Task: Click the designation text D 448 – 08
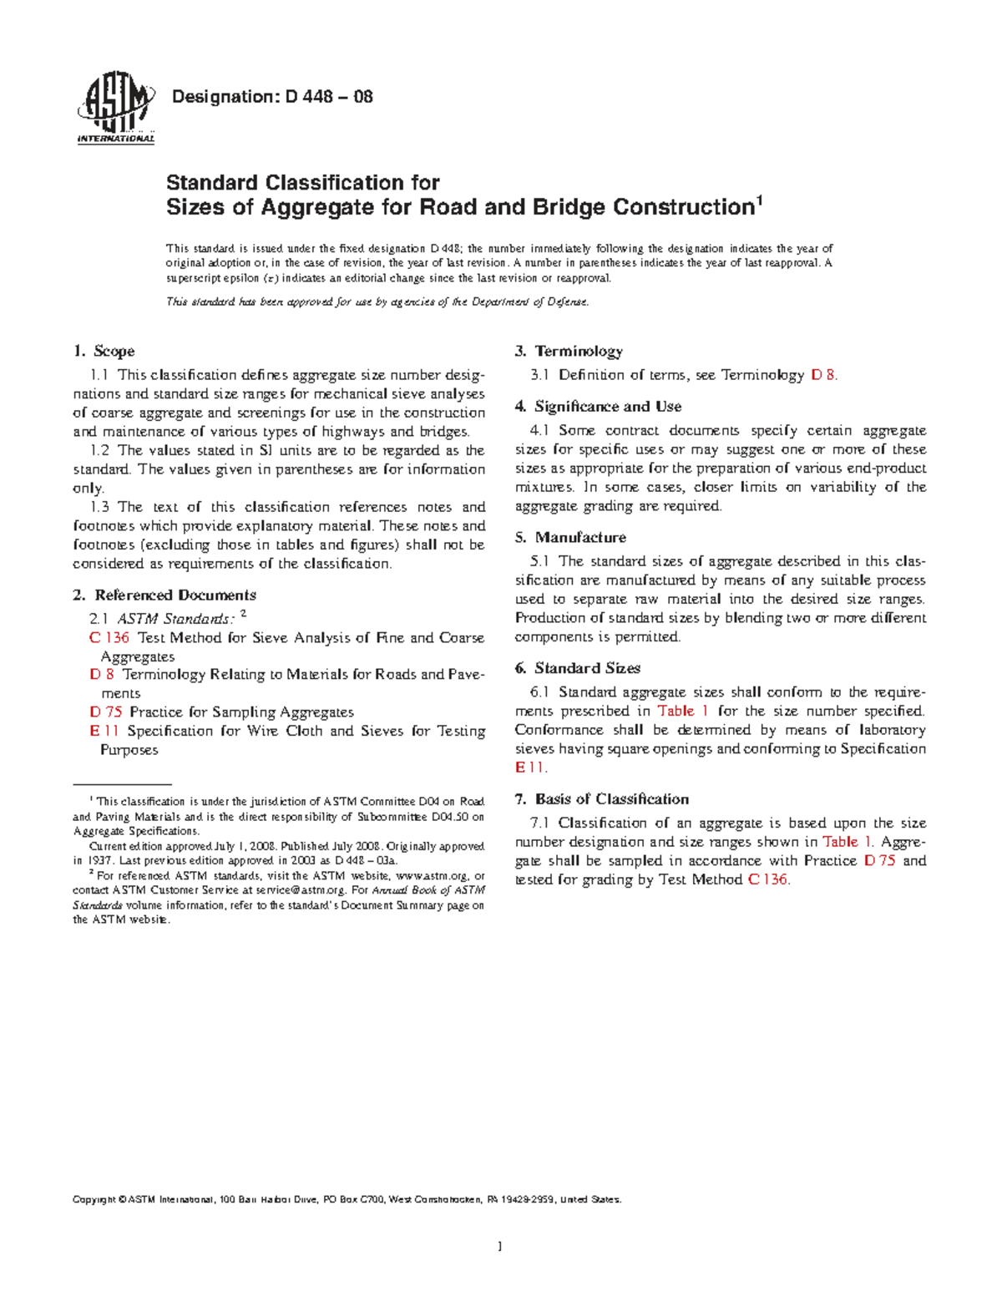point(271,97)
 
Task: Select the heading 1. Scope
point(104,352)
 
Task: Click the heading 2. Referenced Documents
point(164,595)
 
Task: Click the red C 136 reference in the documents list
point(109,638)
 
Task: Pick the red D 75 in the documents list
point(106,712)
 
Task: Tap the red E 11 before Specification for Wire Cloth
point(104,731)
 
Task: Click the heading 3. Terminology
point(569,352)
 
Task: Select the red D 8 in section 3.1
point(822,376)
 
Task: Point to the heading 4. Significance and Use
point(598,407)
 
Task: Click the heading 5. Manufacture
point(570,538)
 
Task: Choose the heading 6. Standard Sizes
point(577,668)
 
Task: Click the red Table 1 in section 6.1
point(683,712)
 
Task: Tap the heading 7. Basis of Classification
point(601,799)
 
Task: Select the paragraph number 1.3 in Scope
point(99,507)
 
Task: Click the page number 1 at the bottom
point(499,1247)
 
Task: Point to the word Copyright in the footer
point(94,1200)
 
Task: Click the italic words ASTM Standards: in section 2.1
point(175,619)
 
